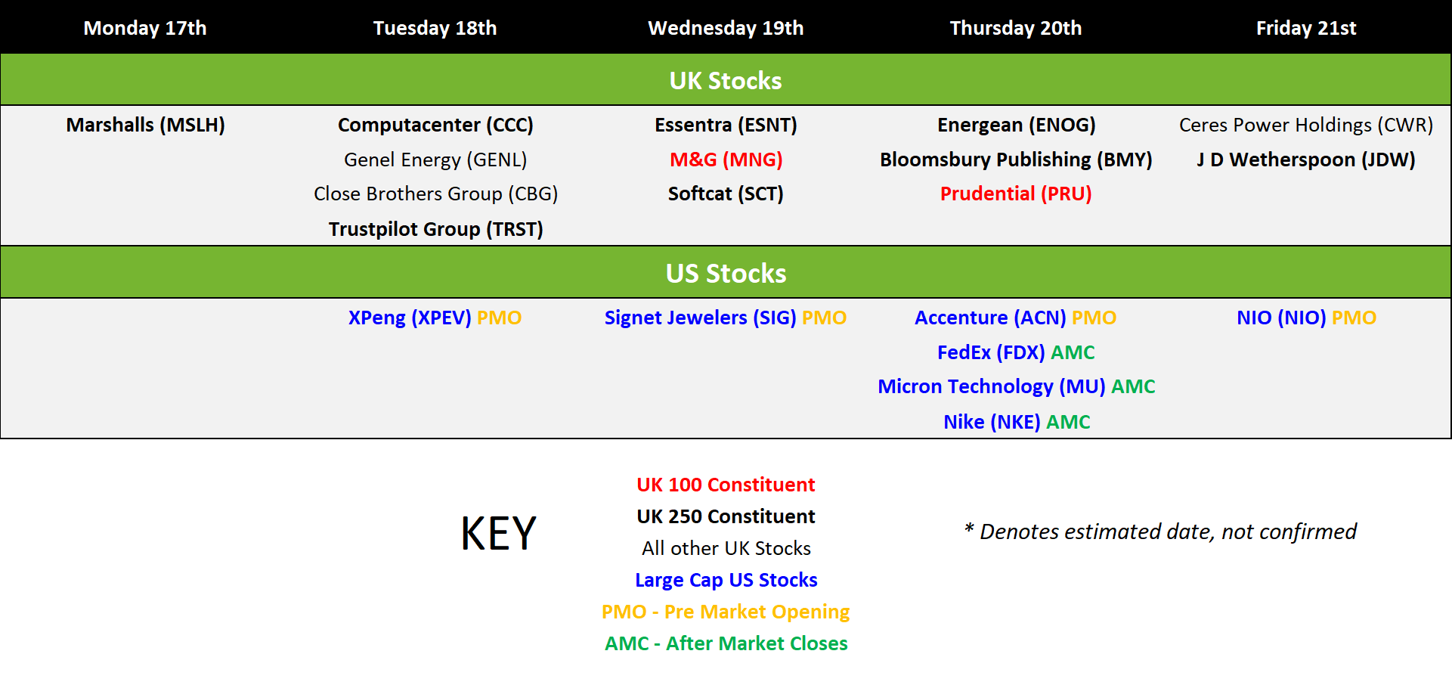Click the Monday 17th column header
pyautogui.click(x=145, y=28)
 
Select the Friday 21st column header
pyautogui.click(x=1306, y=28)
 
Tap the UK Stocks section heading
pyautogui.click(x=726, y=80)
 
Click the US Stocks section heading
pyautogui.click(x=726, y=273)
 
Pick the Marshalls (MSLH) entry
pyautogui.click(x=145, y=125)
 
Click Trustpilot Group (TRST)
pyautogui.click(x=435, y=229)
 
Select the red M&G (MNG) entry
pyautogui.click(x=726, y=160)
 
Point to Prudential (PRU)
pyautogui.click(x=1016, y=194)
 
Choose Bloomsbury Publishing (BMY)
pyautogui.click(x=1016, y=160)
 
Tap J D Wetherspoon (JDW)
pyautogui.click(x=1306, y=160)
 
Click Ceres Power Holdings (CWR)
pyautogui.click(x=1306, y=125)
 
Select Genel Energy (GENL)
pyautogui.click(x=435, y=160)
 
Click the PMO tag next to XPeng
pyautogui.click(x=500, y=318)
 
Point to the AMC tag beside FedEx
pyautogui.click(x=1073, y=352)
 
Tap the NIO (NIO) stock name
pyautogui.click(x=1281, y=318)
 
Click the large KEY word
pyautogui.click(x=499, y=533)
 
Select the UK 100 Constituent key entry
pyautogui.click(x=726, y=485)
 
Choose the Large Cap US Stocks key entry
pyautogui.click(x=726, y=580)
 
